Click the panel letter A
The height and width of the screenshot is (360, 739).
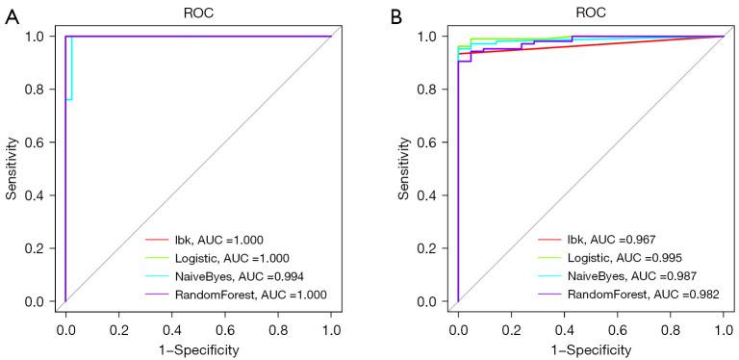pos(12,18)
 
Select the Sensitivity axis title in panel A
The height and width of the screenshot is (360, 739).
pos(12,168)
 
